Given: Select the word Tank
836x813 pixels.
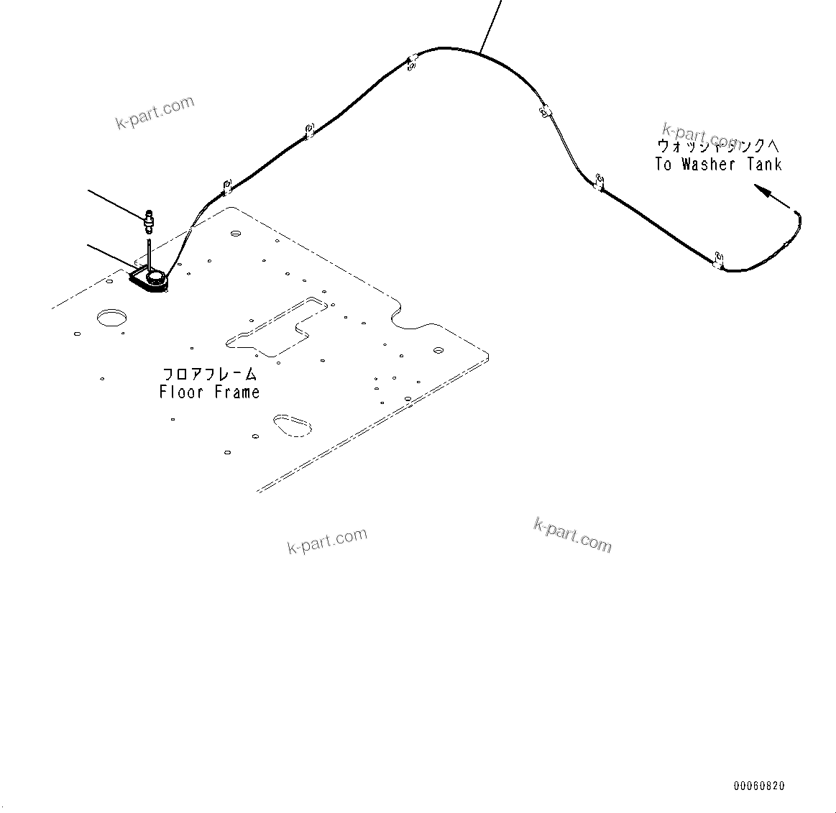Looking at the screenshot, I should tap(764, 165).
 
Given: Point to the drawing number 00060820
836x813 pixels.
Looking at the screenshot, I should tap(759, 786).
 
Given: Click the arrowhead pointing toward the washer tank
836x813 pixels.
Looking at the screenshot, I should tap(762, 190).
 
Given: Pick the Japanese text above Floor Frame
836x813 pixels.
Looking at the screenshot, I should tap(209, 375).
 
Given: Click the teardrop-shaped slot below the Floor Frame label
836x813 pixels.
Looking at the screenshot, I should tap(292, 424).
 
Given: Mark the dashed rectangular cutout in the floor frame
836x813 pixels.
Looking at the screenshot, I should tap(273, 326).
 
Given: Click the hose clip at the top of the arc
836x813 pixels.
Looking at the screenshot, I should tap(412, 64).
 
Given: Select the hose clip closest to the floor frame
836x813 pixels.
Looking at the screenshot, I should tap(226, 187).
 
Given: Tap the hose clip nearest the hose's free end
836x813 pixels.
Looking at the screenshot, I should tap(717, 260).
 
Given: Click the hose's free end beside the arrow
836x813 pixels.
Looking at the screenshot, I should tap(796, 211).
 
